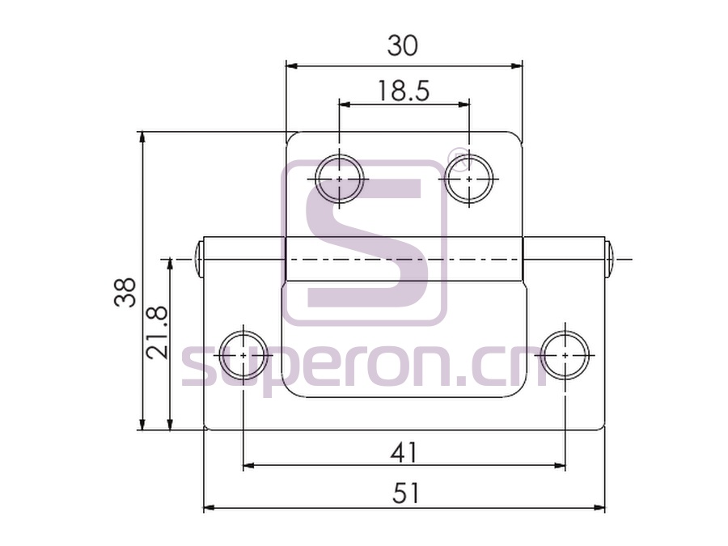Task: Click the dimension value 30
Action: [x=403, y=46]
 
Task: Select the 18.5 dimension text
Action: [x=404, y=91]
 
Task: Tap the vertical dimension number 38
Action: [x=125, y=292]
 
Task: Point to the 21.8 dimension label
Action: [x=156, y=332]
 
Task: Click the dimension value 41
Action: [x=404, y=452]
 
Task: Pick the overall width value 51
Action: [x=406, y=493]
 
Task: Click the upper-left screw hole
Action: [x=340, y=179]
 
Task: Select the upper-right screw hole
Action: [x=469, y=179]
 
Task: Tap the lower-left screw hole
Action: [x=243, y=355]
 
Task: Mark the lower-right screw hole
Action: [x=565, y=355]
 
